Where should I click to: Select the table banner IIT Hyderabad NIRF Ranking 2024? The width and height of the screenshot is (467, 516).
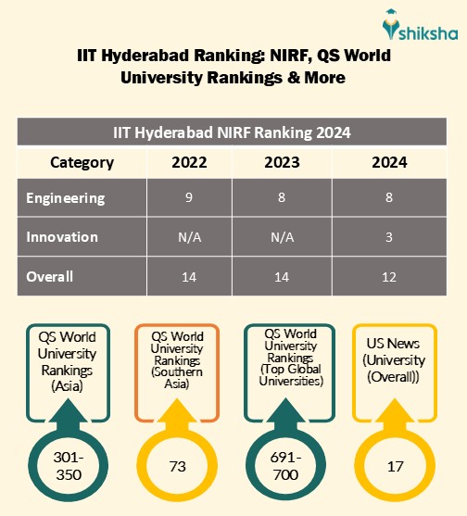(232, 132)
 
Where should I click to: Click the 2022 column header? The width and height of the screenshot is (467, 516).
(189, 163)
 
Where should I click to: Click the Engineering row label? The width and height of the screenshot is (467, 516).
(66, 198)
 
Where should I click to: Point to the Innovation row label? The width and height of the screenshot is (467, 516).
(62, 237)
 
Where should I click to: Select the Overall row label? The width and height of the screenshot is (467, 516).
(50, 276)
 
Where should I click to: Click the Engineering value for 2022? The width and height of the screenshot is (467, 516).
(189, 198)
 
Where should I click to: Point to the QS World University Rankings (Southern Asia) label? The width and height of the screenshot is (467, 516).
(176, 360)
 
